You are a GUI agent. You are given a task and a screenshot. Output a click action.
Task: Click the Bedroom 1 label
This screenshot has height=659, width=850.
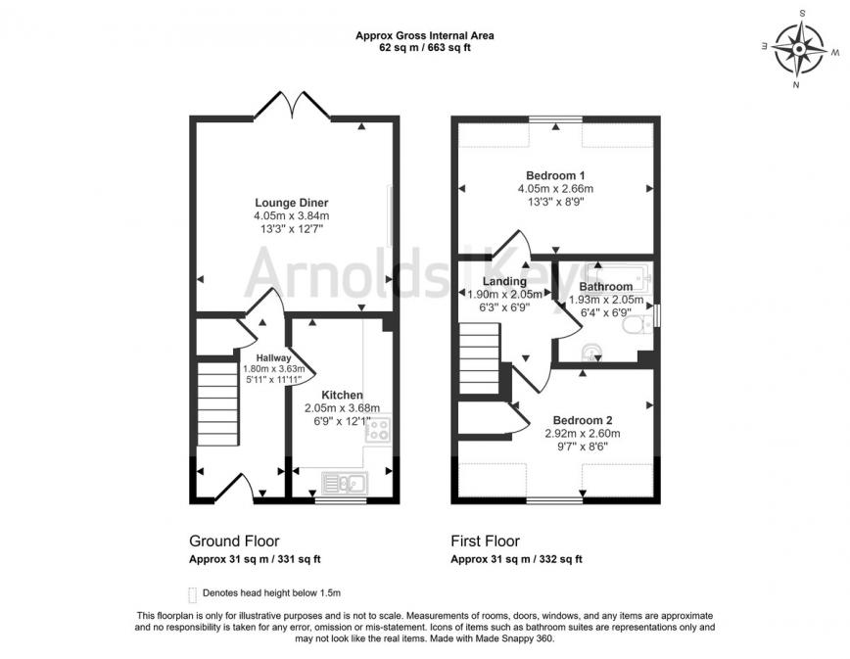pyautogui.click(x=555, y=174)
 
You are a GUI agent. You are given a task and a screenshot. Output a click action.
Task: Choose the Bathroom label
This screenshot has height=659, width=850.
pyautogui.click(x=604, y=287)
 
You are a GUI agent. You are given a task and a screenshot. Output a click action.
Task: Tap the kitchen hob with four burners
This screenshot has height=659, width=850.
pyautogui.click(x=378, y=428)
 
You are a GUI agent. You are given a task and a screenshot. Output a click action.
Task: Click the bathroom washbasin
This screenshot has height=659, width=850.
pyautogui.click(x=590, y=351)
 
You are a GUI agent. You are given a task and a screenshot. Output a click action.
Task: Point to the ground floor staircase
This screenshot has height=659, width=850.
pyautogui.click(x=216, y=402)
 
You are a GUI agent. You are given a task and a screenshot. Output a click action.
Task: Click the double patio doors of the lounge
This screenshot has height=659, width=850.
pyautogui.click(x=291, y=103)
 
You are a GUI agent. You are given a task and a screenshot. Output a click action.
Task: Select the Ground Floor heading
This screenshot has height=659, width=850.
pyautogui.click(x=233, y=541)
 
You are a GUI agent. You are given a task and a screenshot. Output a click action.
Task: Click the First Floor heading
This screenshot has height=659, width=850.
pyautogui.click(x=485, y=541)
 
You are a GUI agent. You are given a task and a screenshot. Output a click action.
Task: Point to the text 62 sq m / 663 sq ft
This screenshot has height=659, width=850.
pyautogui.click(x=424, y=47)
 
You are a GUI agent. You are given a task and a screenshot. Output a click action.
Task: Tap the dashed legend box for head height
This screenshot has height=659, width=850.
pyautogui.click(x=192, y=593)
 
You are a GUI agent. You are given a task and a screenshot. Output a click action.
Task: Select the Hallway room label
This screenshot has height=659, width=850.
pyautogui.click(x=274, y=358)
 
